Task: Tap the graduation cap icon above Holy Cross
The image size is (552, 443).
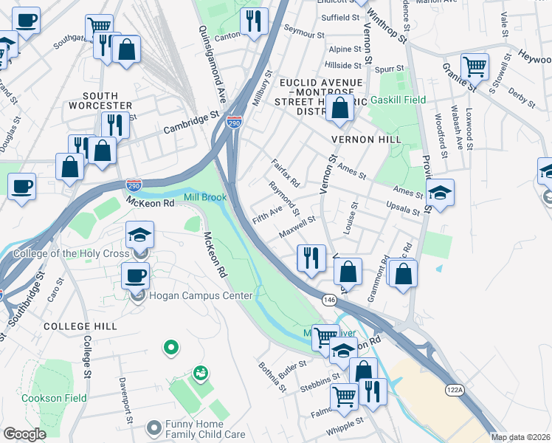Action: point(139,236)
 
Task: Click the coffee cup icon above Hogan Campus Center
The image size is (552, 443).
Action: point(134,276)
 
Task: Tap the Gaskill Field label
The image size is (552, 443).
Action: point(399,99)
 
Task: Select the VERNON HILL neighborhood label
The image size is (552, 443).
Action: point(366,139)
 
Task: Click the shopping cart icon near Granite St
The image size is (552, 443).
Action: point(475,67)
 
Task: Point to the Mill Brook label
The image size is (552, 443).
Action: point(205,197)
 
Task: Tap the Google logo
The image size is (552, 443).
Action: point(24,434)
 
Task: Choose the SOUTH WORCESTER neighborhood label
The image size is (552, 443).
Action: point(100,101)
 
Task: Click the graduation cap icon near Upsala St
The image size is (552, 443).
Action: point(439,193)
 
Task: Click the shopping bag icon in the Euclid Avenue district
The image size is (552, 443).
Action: point(339,109)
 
